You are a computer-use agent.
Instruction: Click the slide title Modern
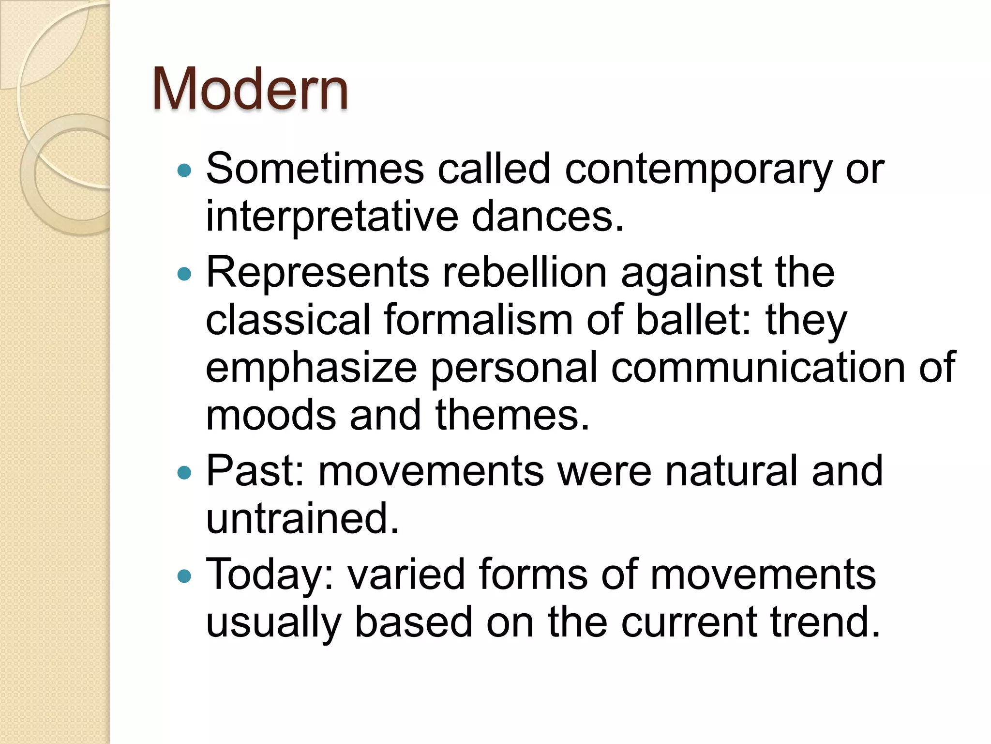pos(250,90)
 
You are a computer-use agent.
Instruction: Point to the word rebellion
pos(525,273)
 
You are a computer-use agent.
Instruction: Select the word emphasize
pos(311,369)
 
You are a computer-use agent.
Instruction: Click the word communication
pos(758,368)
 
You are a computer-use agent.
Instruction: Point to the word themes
pos(512,415)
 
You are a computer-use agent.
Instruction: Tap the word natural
pos(731,470)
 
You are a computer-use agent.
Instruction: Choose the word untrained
pos(302,519)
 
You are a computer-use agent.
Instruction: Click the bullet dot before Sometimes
pos(184,170)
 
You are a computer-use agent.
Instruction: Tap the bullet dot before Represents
pos(184,275)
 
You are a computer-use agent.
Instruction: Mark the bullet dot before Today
pos(184,576)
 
